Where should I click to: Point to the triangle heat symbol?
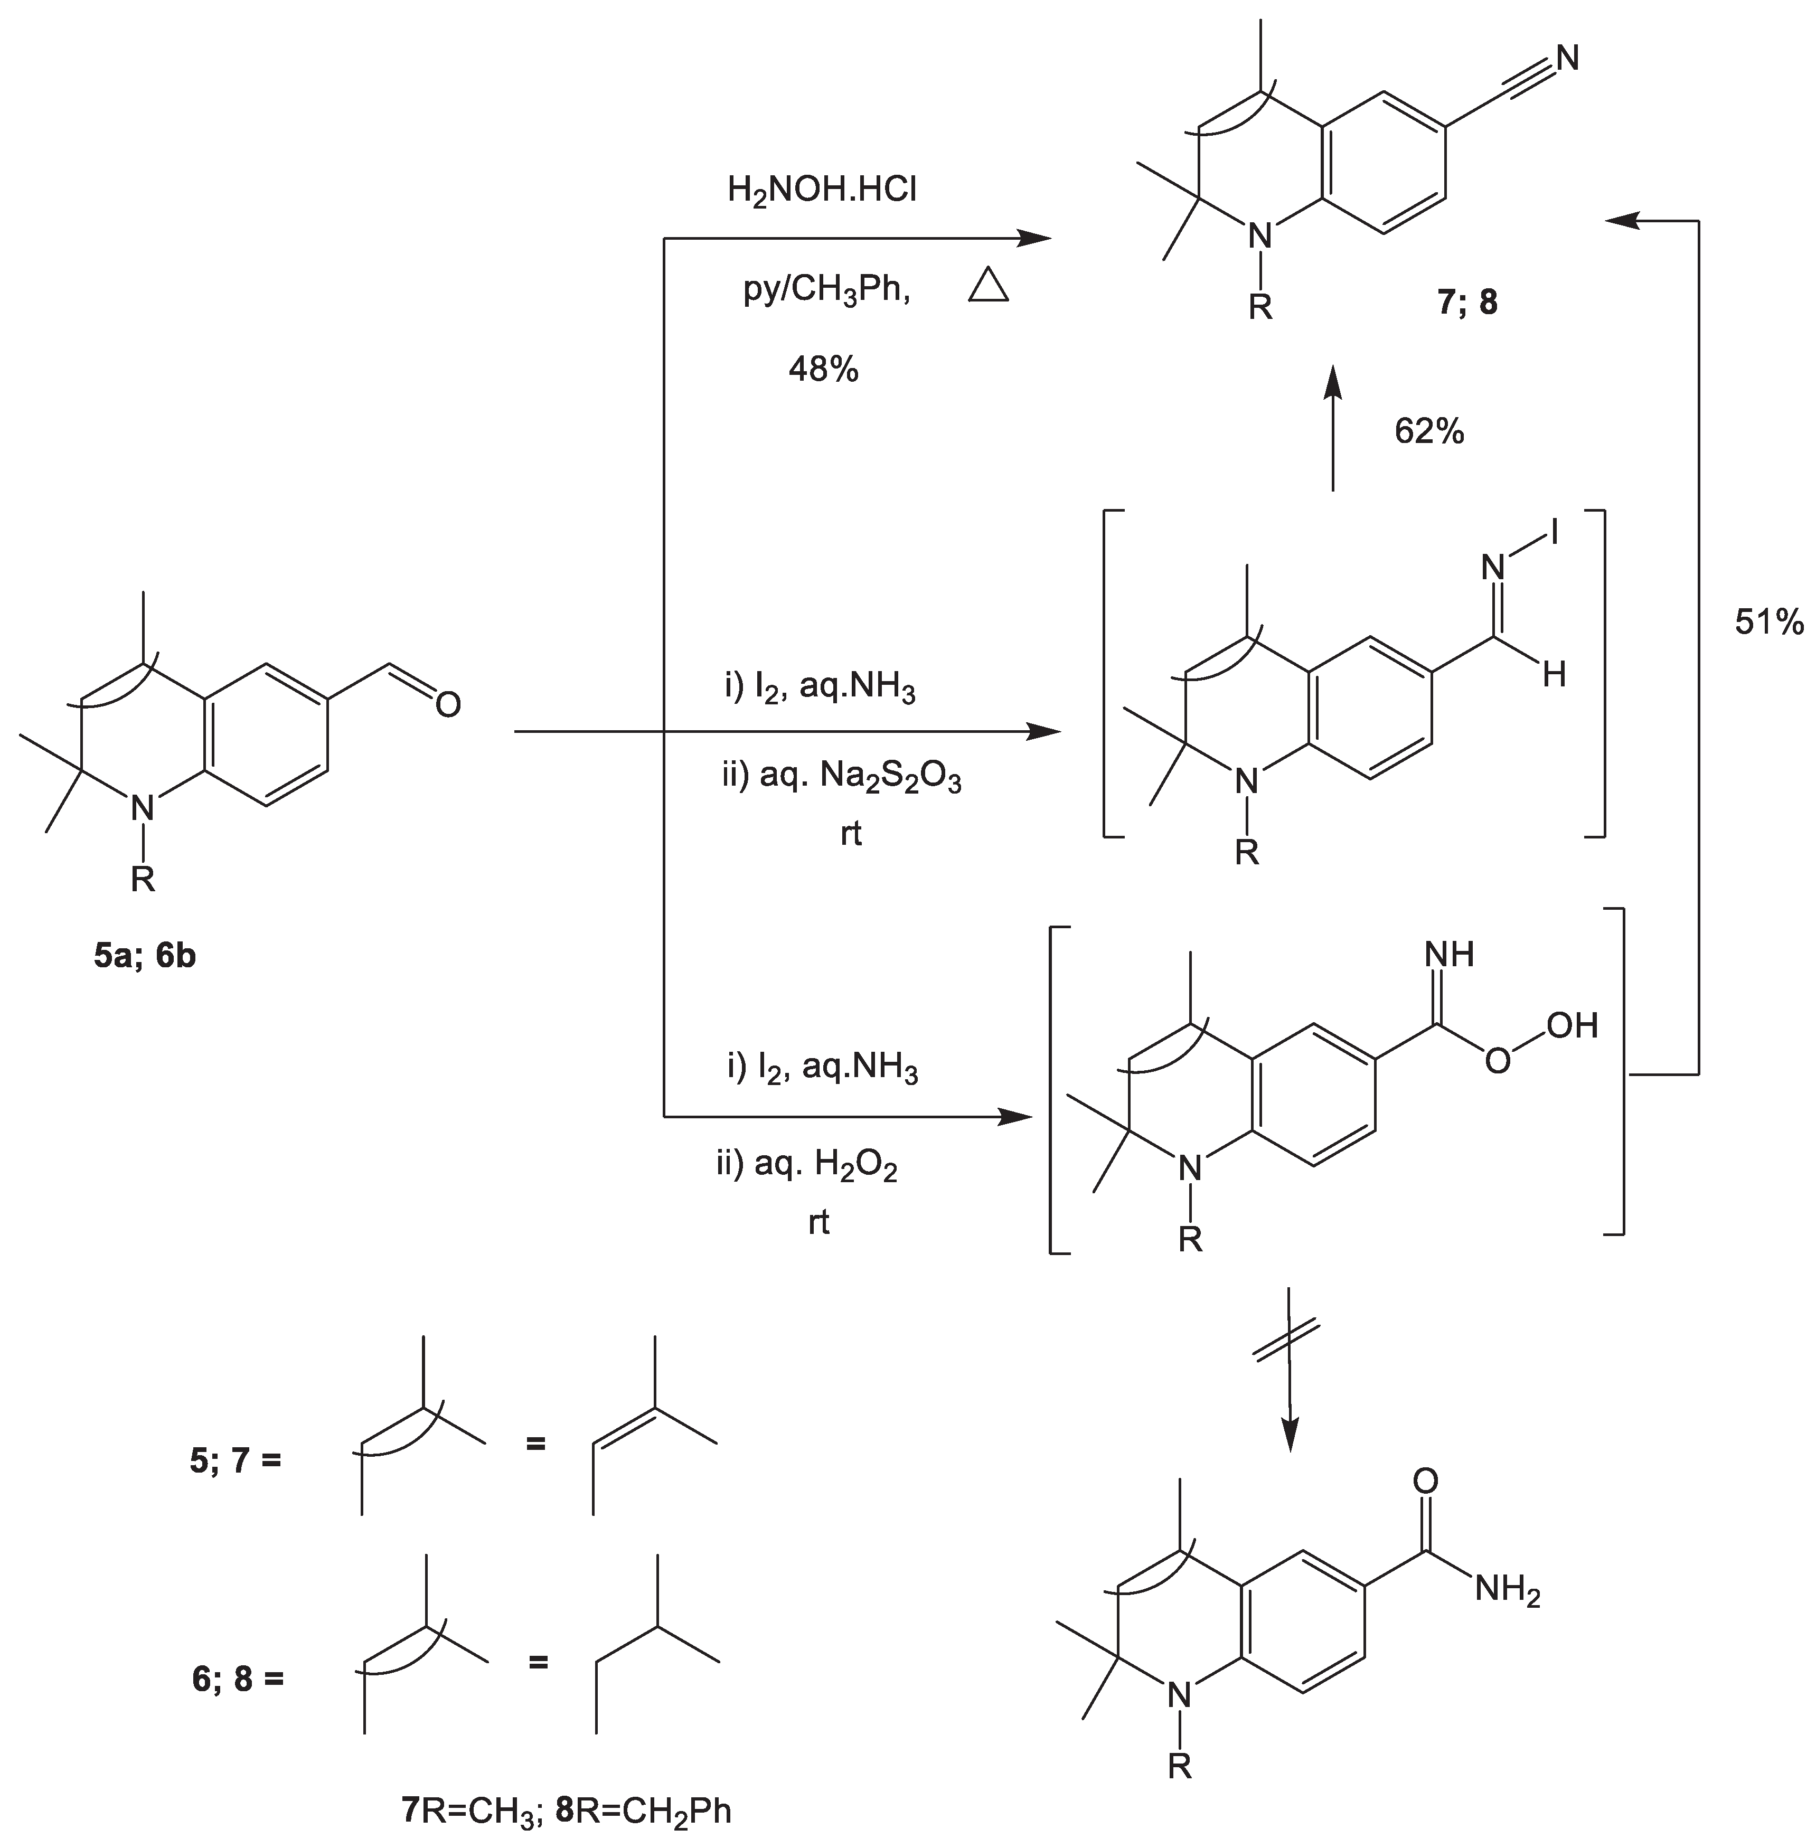point(988,286)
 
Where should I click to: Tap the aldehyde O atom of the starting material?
point(447,705)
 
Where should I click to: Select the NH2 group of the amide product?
point(1507,1590)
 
